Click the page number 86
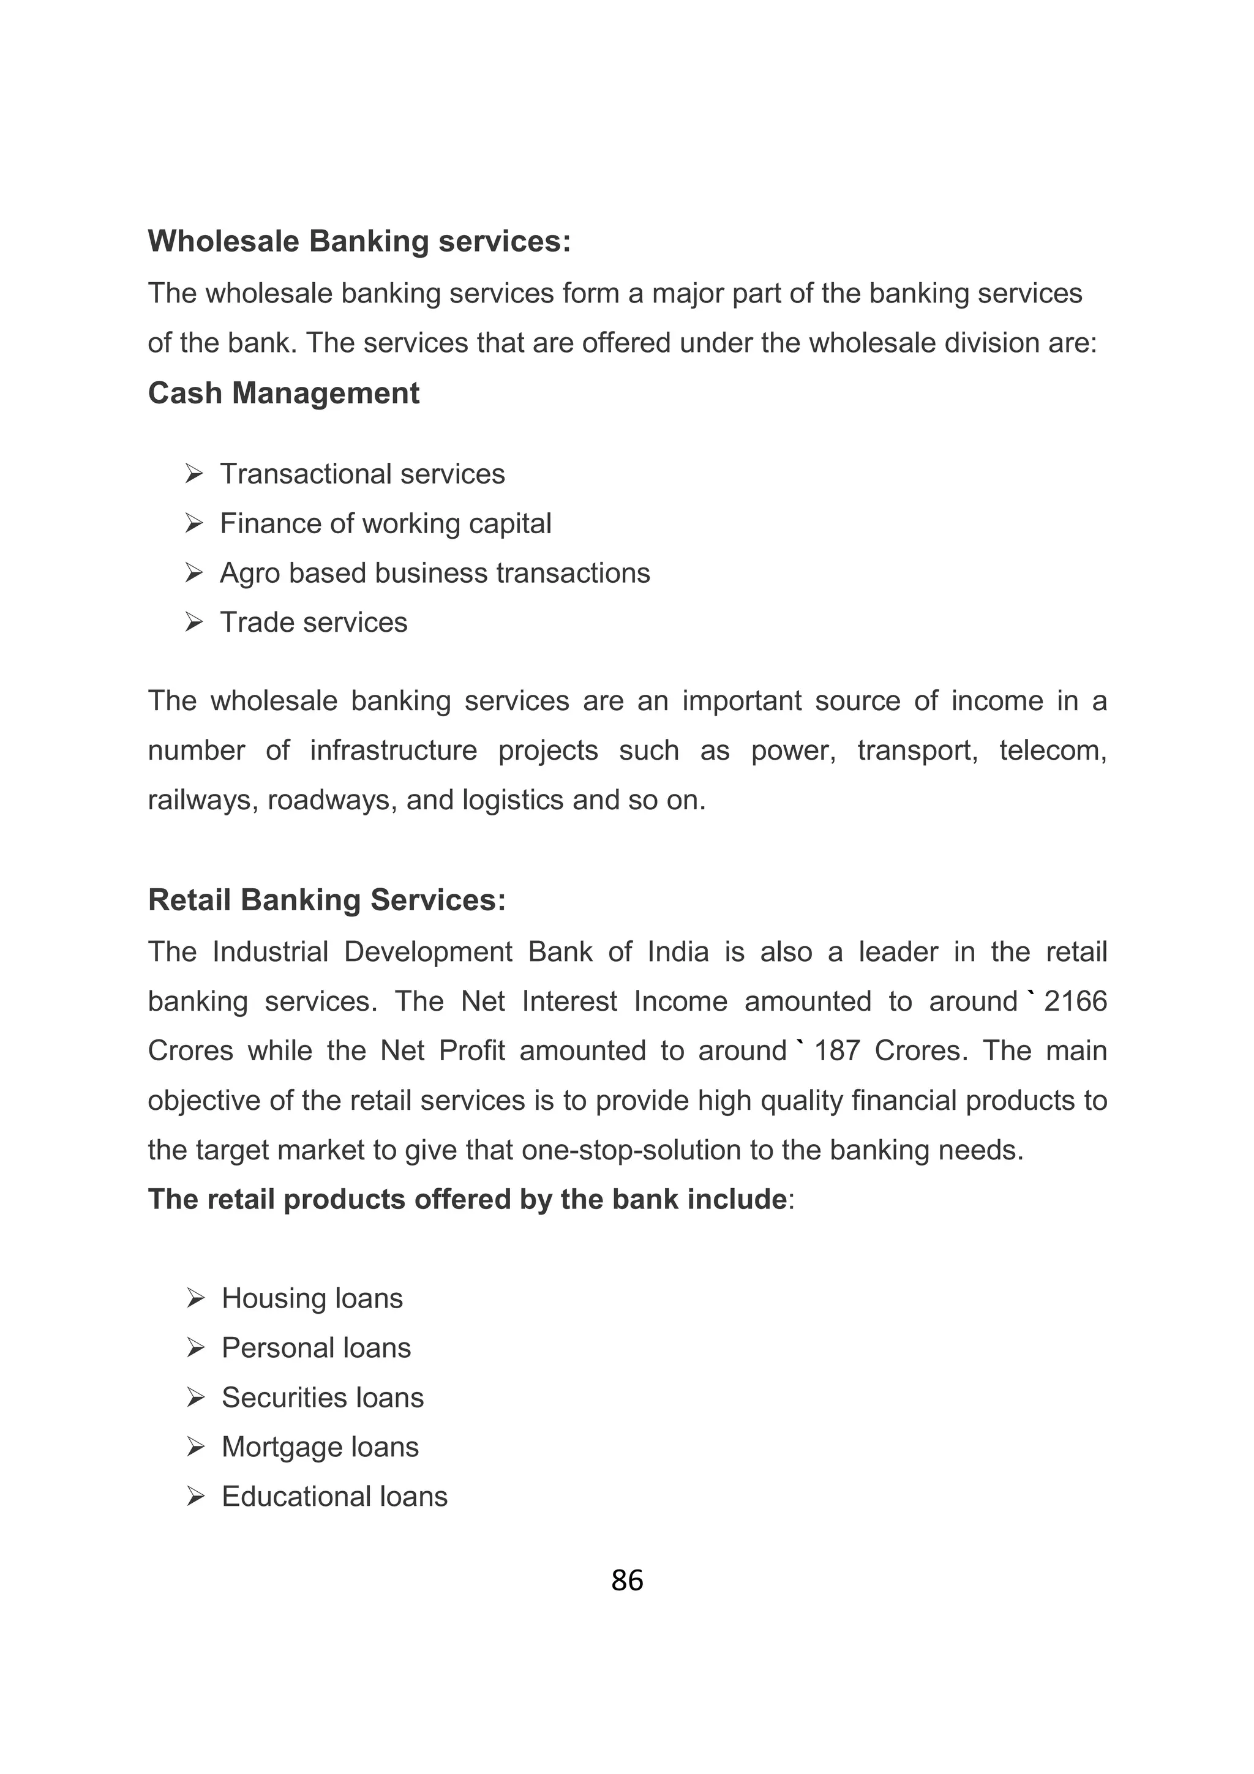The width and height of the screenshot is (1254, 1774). point(626,1580)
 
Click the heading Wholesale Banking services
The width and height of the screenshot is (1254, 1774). point(359,241)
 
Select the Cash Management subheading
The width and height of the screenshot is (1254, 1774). point(283,393)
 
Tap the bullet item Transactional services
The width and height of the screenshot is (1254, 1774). point(362,474)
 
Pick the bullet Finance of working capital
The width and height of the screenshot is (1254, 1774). point(386,523)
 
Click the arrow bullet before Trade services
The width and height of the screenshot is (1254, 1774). point(194,622)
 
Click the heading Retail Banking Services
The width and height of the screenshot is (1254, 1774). point(327,900)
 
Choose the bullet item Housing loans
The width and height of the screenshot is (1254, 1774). point(312,1298)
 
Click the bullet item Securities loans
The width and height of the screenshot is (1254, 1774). point(322,1397)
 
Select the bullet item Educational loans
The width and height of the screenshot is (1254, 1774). point(334,1496)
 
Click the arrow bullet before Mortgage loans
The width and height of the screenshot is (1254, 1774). point(195,1447)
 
